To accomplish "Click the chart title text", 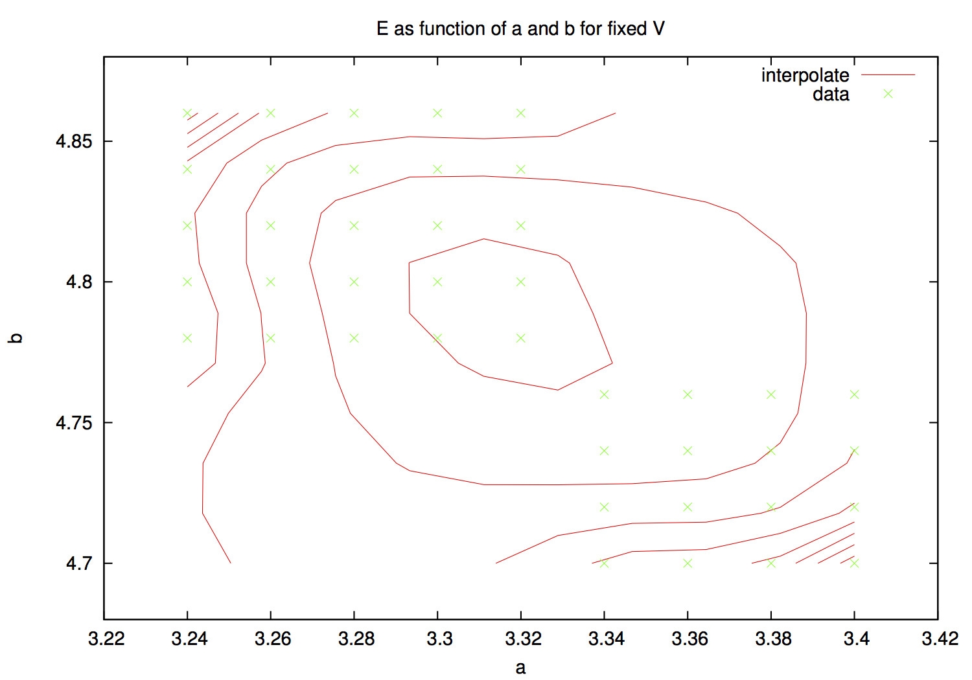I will pos(520,29).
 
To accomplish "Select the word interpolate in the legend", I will pos(805,75).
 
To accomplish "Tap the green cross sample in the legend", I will pos(888,94).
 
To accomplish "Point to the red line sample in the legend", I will pos(888,75).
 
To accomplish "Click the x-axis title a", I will pos(520,668).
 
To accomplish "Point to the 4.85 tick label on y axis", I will pos(75,141).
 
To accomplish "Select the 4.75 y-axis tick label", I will pos(75,423).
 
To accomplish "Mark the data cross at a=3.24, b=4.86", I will pos(187,113).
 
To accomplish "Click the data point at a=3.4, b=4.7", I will pos(854,563).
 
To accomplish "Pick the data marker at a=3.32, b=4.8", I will pos(521,282).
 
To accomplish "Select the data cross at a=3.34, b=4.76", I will pos(604,394).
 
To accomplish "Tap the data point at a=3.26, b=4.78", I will pos(271,338).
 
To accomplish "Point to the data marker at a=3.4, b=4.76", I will pos(854,394).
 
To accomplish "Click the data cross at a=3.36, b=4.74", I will pos(688,451).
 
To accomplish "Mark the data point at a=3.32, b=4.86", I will pos(521,113).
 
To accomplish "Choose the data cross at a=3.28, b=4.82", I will pos(354,225).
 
